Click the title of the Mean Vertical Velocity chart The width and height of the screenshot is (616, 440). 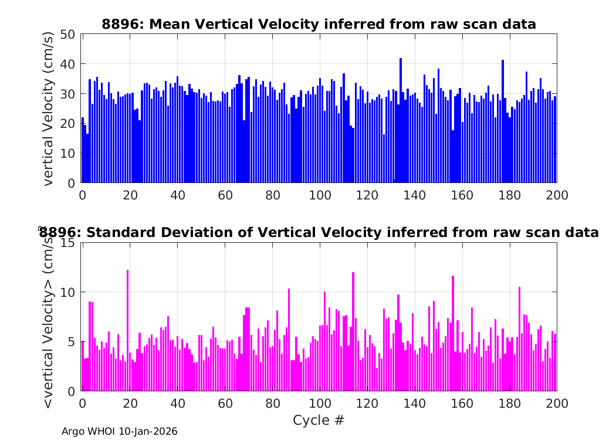(319, 24)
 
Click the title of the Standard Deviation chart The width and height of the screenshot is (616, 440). (319, 232)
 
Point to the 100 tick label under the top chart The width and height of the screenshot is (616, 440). (319, 195)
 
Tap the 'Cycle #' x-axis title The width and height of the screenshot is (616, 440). (319, 420)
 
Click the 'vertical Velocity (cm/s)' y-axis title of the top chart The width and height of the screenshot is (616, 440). (49, 109)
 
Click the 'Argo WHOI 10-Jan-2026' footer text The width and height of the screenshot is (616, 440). (119, 431)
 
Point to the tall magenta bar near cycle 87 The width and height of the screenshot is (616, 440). (289, 340)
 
